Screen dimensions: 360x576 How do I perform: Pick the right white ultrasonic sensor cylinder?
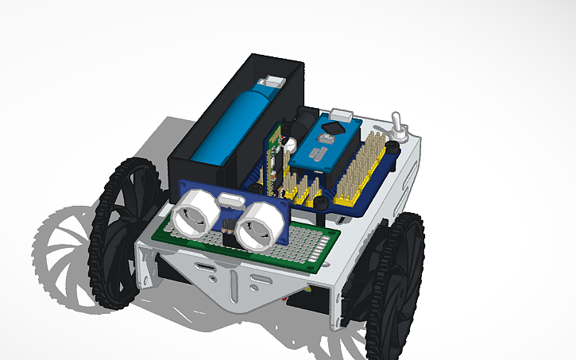[x=261, y=226]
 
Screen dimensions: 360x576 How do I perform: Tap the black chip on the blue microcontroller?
[x=336, y=126]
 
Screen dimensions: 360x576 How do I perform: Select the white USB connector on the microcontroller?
[x=342, y=113]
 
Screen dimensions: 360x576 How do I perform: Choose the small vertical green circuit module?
[x=276, y=151]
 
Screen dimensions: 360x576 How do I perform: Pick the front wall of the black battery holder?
[x=197, y=171]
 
